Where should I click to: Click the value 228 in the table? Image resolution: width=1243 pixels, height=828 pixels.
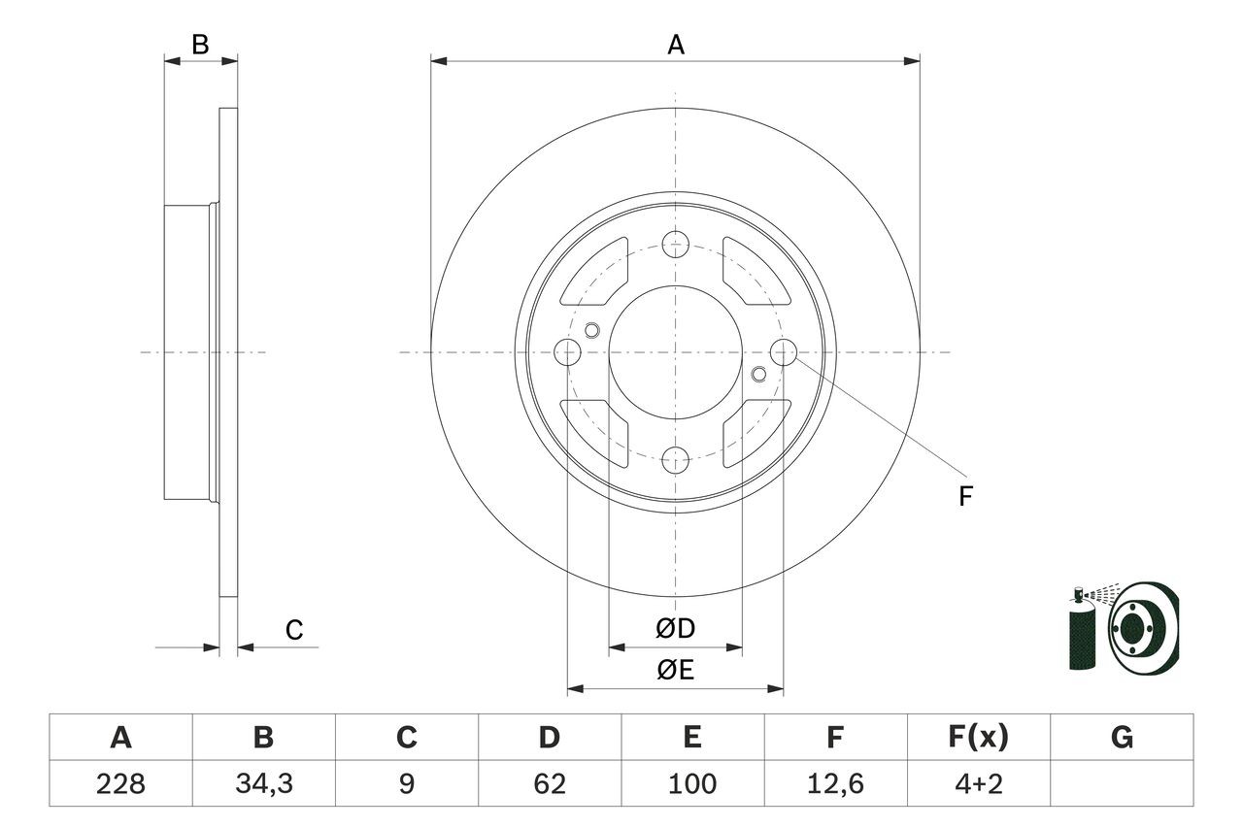pos(120,783)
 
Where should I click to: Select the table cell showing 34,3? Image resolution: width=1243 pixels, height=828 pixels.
pos(263,783)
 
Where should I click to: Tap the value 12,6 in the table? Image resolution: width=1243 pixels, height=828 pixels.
pos(834,783)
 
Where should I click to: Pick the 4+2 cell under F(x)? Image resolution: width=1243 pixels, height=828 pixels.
pos(978,783)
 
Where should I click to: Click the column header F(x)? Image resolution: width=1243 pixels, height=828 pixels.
pos(978,738)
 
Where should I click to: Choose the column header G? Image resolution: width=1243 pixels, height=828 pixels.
pos(1122,738)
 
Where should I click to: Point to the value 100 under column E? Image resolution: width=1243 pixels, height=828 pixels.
pos(691,783)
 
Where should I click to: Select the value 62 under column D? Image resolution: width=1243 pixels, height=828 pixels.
pos(549,783)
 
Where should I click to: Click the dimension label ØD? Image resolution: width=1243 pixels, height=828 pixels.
pos(676,629)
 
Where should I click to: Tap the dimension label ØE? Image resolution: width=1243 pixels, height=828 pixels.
pos(676,671)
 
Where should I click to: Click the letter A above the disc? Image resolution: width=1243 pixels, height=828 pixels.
pos(676,44)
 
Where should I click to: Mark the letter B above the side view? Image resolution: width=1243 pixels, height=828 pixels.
pos(200,44)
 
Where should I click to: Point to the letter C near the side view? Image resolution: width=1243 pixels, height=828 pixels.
pos(294,631)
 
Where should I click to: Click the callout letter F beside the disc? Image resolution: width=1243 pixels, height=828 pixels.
pos(965,497)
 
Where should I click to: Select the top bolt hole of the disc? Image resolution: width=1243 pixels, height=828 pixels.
pos(675,244)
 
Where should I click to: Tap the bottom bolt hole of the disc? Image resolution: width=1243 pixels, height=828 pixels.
pos(675,459)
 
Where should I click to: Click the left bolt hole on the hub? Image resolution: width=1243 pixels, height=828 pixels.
pos(567,351)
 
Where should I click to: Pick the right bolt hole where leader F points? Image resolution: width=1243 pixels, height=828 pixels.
pos(783,351)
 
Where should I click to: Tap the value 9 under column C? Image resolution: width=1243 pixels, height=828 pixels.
pos(406,783)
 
